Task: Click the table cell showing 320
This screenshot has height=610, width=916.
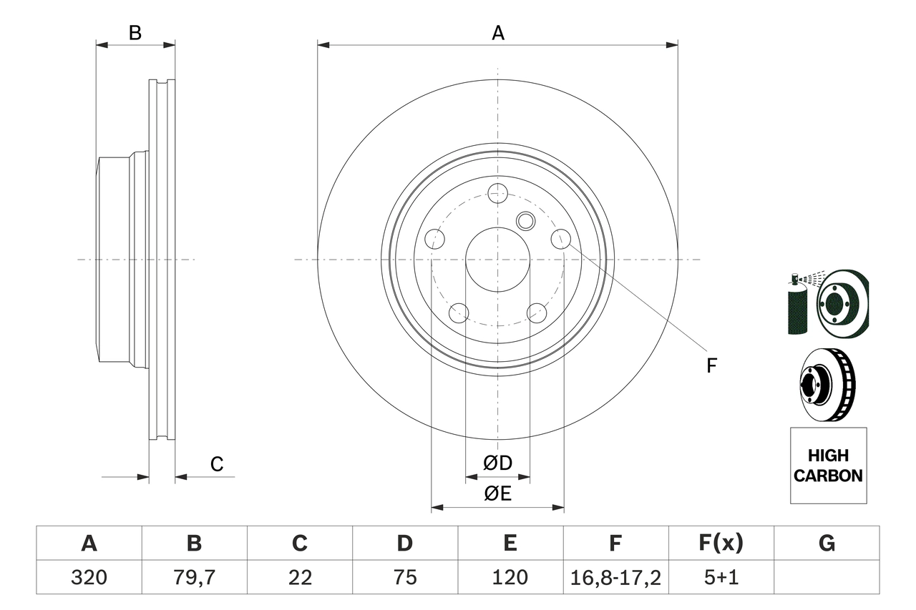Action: (x=89, y=577)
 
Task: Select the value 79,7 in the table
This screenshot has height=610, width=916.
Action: (x=194, y=577)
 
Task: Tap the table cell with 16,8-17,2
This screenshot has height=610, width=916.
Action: (x=615, y=577)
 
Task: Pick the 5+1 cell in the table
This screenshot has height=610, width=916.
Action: (x=721, y=577)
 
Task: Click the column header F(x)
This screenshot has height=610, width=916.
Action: (x=721, y=543)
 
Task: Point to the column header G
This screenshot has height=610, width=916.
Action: (x=827, y=543)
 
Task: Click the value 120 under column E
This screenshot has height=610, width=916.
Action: (x=510, y=577)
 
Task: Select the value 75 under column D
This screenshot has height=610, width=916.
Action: (x=404, y=577)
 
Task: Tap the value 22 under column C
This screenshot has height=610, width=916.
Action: (x=299, y=577)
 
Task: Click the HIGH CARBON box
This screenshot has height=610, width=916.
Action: (x=828, y=466)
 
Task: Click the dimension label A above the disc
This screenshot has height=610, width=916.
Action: (x=497, y=33)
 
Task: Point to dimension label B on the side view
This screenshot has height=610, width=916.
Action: (x=135, y=33)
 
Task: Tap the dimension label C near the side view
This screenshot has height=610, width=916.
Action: (x=217, y=465)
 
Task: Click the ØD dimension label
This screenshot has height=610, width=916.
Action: (x=497, y=463)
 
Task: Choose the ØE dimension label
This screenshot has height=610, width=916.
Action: (x=497, y=494)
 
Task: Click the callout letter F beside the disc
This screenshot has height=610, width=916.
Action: (x=711, y=366)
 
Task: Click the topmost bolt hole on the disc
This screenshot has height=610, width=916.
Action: (x=497, y=192)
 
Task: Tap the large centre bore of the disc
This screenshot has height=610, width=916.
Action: (x=497, y=260)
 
